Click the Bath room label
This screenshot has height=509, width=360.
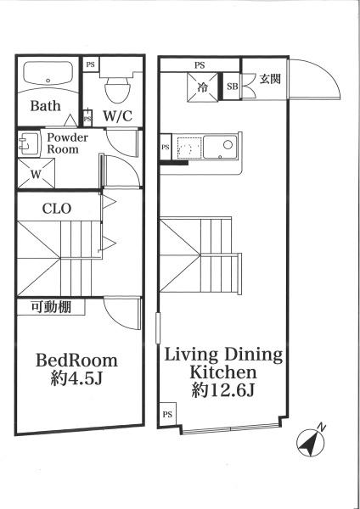coord(46,106)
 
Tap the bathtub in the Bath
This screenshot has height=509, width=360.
coord(48,73)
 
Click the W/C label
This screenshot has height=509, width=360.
coord(118,115)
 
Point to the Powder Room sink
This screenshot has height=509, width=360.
coord(28,144)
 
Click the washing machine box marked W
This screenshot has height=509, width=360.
coord(36,174)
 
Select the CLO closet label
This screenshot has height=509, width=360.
coord(57,209)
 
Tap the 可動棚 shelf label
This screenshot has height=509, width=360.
coord(51,307)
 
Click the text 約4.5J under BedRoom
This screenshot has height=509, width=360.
coord(76,378)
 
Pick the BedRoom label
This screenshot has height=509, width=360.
coord(76,361)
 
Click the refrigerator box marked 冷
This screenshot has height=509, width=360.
coord(202,87)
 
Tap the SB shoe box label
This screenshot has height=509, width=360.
coord(232,87)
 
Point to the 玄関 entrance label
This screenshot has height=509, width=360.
coord(270,79)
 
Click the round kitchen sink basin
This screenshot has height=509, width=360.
coord(228,144)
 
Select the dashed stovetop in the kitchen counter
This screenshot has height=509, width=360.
coord(189,148)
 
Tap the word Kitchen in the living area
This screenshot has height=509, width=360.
coord(223,372)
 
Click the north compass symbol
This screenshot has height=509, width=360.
coord(311,442)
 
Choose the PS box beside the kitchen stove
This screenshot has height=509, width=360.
coord(166,147)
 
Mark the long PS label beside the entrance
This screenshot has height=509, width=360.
coord(200,65)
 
